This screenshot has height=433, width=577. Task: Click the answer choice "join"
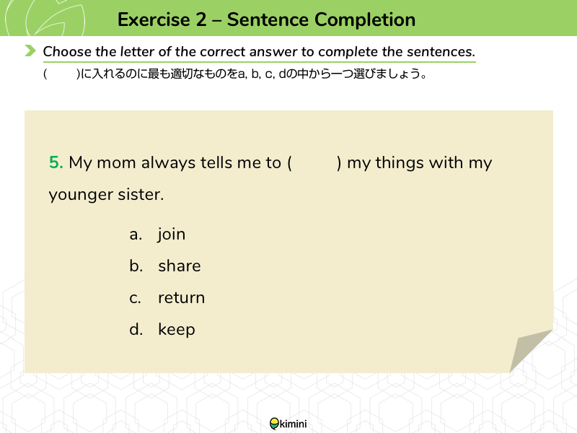(172, 235)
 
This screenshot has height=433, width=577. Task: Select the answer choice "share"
(180, 266)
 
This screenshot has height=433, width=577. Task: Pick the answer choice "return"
(182, 298)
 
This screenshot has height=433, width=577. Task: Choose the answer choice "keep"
(177, 330)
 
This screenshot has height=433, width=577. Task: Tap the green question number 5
(56, 162)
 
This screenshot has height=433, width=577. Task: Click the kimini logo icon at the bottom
(275, 424)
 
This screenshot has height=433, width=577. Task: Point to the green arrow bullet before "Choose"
(30, 51)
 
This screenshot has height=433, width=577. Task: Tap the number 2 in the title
(201, 19)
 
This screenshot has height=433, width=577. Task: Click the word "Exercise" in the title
(154, 19)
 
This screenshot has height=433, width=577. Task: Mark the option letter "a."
(136, 235)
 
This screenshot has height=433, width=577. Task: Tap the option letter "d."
(136, 329)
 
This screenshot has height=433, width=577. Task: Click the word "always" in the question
(168, 163)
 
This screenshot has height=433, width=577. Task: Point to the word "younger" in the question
(81, 195)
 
